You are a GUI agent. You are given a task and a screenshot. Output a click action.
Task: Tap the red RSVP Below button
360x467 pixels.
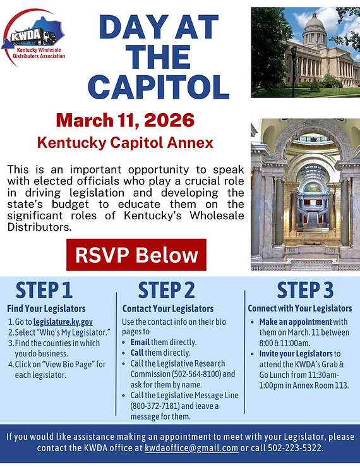pyautogui.click(x=136, y=255)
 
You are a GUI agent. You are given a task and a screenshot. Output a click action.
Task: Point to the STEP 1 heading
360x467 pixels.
pyautogui.click(x=44, y=290)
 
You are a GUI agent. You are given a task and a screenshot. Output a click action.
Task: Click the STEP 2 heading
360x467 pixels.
pyautogui.click(x=167, y=290)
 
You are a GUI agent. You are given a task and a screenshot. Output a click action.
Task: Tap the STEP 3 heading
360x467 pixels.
pyautogui.click(x=305, y=290)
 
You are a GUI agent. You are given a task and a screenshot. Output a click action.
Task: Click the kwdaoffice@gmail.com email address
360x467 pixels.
pyautogui.click(x=191, y=448)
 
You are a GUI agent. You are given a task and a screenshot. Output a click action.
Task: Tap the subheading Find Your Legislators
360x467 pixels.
pyautogui.click(x=46, y=309)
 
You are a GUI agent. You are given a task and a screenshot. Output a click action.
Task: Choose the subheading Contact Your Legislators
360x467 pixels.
pyautogui.click(x=167, y=309)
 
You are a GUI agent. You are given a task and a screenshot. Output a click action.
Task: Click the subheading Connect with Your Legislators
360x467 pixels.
pyautogui.click(x=300, y=309)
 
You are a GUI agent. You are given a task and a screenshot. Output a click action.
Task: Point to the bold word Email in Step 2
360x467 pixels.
pyautogui.click(x=144, y=343)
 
